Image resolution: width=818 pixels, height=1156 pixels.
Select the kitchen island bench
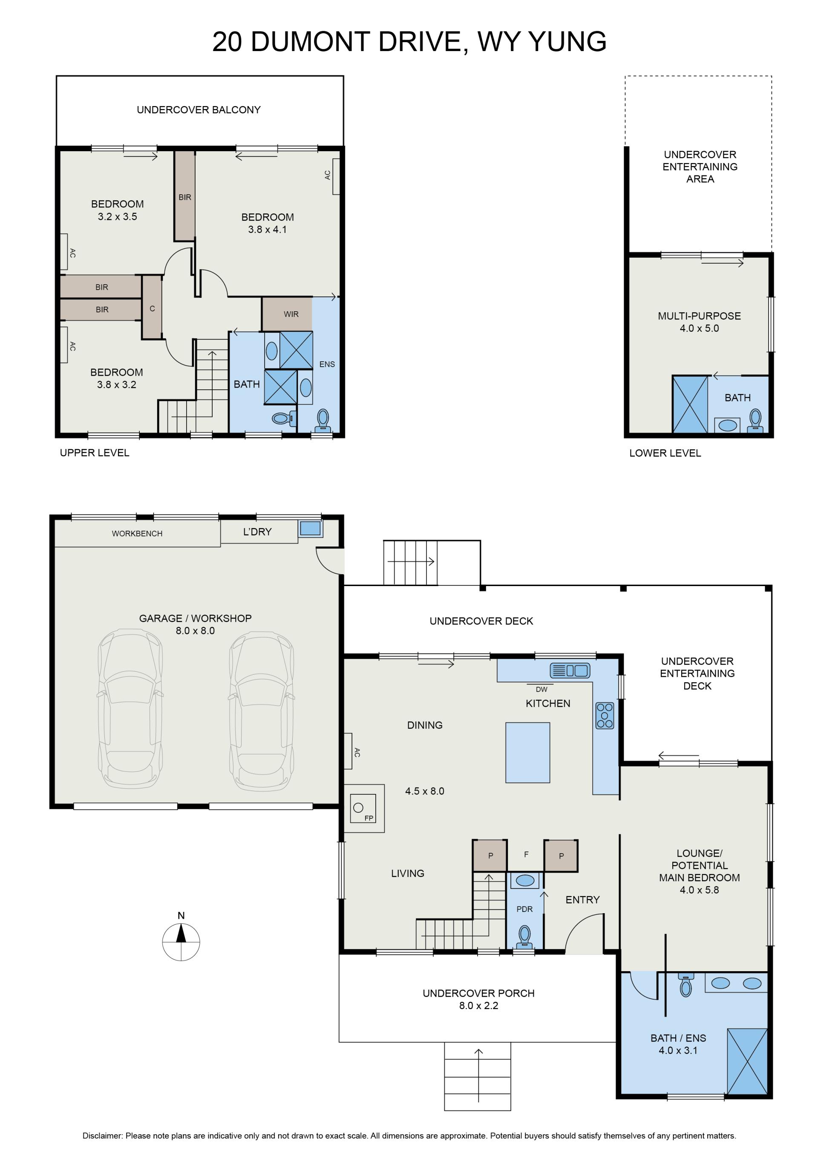527,752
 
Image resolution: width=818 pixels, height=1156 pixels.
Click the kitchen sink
570,670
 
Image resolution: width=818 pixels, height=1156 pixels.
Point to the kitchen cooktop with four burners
605,716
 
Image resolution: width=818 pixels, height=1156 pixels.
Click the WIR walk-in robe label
291,314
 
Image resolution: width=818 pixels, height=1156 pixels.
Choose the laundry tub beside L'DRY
310,528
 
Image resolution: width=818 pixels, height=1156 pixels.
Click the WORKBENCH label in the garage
137,534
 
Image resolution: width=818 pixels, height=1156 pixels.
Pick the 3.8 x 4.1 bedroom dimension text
267,230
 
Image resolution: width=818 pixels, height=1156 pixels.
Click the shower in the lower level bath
690,404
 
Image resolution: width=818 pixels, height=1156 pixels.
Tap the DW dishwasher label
541,689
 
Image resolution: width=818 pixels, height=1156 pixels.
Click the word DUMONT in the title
311,42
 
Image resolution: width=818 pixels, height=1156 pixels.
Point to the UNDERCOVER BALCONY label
199,110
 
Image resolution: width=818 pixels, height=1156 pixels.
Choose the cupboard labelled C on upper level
152,307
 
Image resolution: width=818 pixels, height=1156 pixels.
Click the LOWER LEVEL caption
665,453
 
